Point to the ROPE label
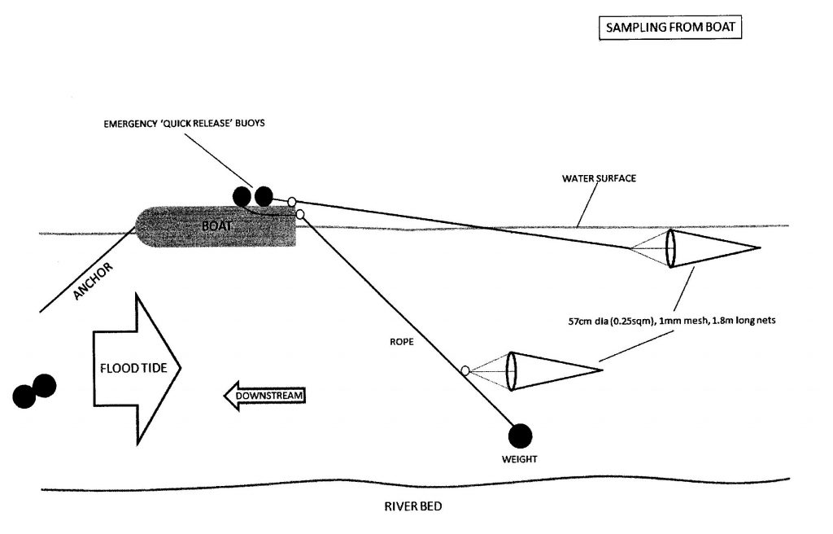(403, 343)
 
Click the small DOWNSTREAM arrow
(264, 396)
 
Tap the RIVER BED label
(415, 506)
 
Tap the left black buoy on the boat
(242, 196)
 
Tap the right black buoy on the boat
(263, 196)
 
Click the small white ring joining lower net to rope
(465, 370)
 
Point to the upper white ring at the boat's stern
(291, 201)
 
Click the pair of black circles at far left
(34, 391)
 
